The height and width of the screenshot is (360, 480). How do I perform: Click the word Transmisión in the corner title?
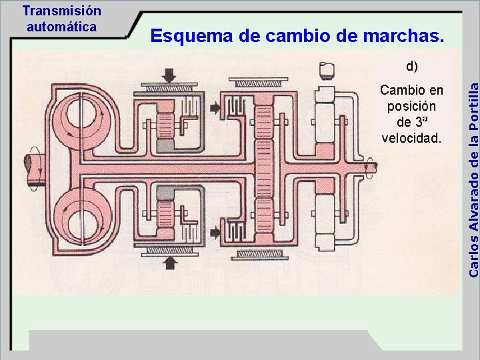click(x=61, y=11)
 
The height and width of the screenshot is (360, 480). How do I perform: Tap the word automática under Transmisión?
click(x=61, y=27)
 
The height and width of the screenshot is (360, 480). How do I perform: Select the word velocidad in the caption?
click(x=411, y=138)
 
